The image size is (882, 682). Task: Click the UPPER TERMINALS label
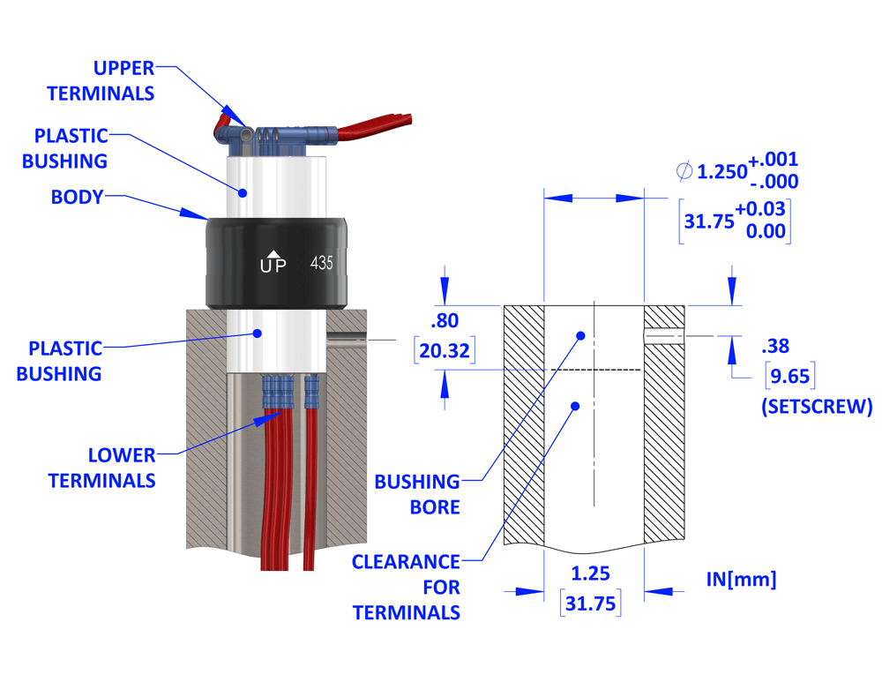pyautogui.click(x=101, y=80)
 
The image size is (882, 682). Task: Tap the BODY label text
pyautogui.click(x=77, y=198)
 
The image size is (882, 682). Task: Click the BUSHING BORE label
pyautogui.click(x=417, y=494)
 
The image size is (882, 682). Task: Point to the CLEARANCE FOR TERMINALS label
pyautogui.click(x=407, y=587)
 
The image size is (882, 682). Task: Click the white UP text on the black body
pyautogui.click(x=273, y=264)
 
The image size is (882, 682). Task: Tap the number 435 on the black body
pyautogui.click(x=321, y=263)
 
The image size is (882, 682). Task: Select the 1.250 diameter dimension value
pyautogui.click(x=721, y=172)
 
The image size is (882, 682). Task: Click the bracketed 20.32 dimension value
pyautogui.click(x=445, y=349)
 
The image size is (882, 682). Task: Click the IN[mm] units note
pyautogui.click(x=741, y=580)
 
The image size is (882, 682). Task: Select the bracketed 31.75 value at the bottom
pyautogui.click(x=591, y=604)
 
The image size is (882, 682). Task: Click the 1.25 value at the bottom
pyautogui.click(x=591, y=574)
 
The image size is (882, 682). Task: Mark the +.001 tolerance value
pyautogui.click(x=774, y=160)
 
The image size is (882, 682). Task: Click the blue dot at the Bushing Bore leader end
pyautogui.click(x=580, y=335)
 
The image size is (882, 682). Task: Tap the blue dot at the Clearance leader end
pyautogui.click(x=574, y=406)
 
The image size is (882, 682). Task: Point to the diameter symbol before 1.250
pyautogui.click(x=684, y=171)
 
